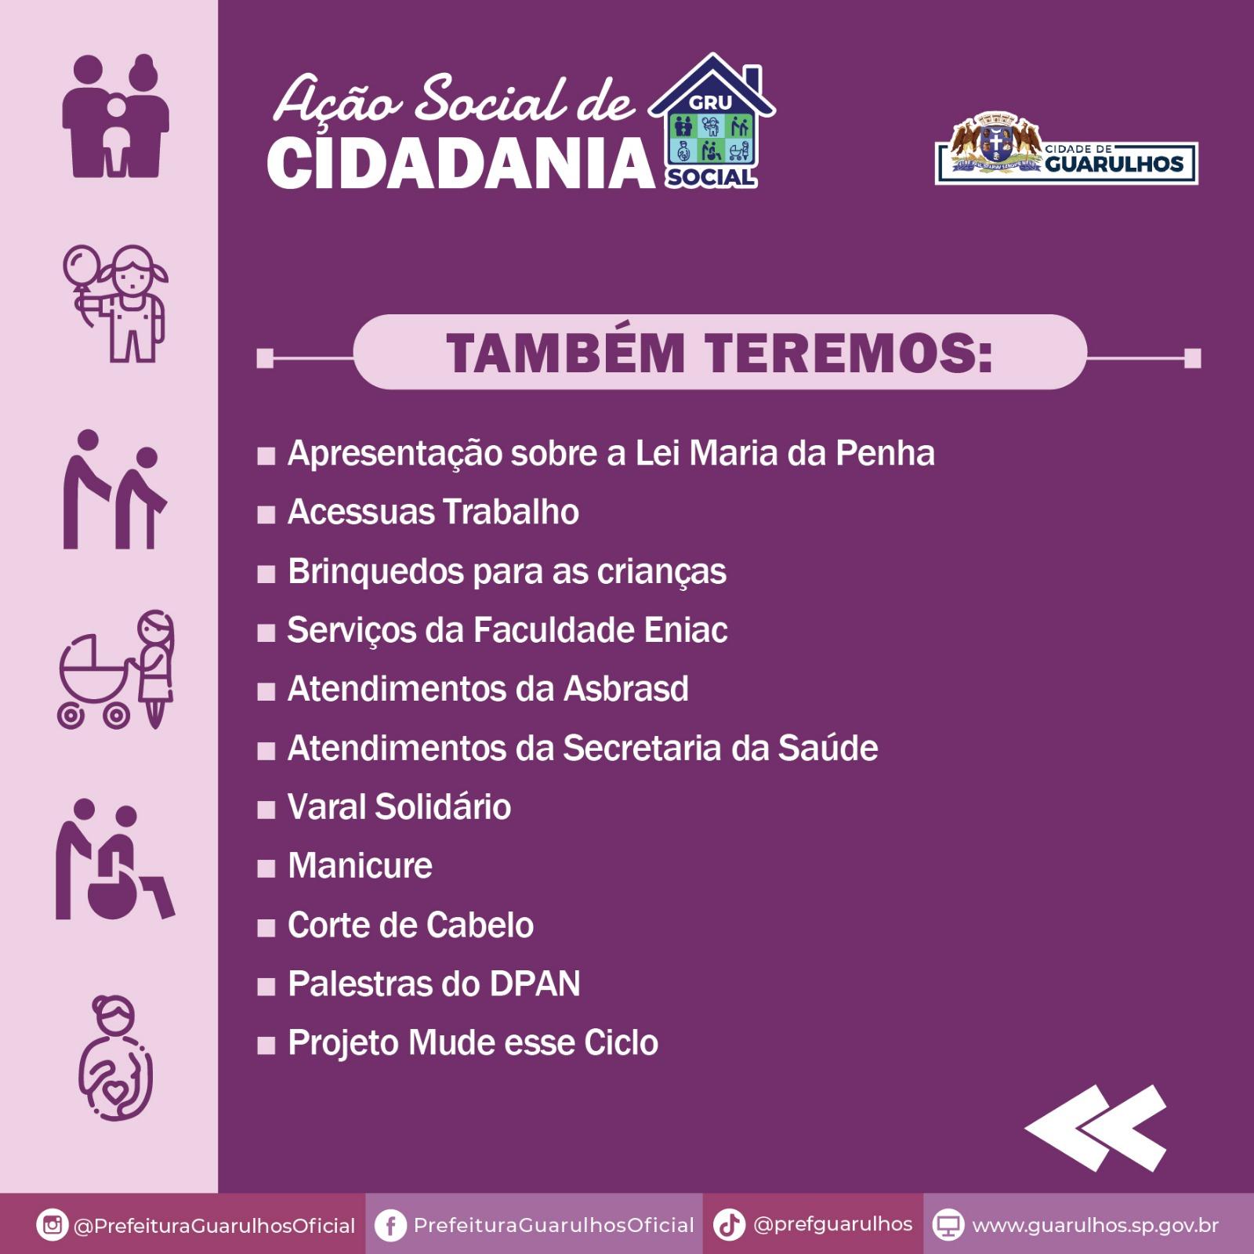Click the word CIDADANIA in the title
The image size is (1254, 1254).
[x=461, y=162]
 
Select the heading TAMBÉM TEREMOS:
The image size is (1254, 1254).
[x=719, y=353]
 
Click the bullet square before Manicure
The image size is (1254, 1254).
[x=266, y=868]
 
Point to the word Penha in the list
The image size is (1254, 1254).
[x=885, y=453]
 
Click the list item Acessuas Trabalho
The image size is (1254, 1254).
[x=433, y=512]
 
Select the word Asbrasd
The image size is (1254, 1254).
[x=625, y=689]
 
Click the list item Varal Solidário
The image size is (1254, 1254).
[x=400, y=806]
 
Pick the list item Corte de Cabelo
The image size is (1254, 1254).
[x=411, y=925]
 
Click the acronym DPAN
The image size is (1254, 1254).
[x=535, y=984]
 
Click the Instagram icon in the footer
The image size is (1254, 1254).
[x=53, y=1224]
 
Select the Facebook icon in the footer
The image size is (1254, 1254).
[x=390, y=1225]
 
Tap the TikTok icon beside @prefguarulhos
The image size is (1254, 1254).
[x=729, y=1224]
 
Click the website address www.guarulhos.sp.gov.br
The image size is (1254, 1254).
[x=1095, y=1225]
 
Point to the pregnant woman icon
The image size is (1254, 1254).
[x=115, y=1058]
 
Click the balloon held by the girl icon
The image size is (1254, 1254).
[x=82, y=264]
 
